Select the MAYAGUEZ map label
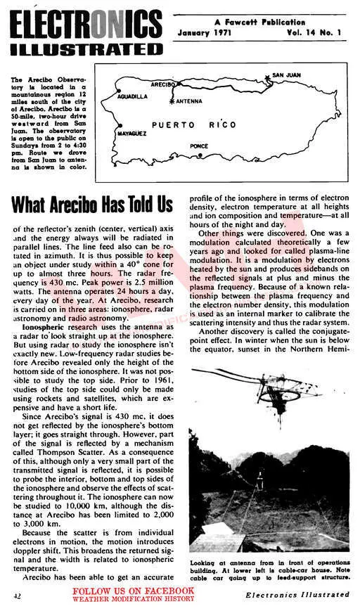point(131,132)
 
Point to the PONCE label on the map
point(199,146)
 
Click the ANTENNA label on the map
point(188,101)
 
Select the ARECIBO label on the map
point(163,84)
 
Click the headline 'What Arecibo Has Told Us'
point(91,205)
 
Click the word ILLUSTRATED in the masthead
point(86,50)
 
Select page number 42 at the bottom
point(15,596)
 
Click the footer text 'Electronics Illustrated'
point(297,595)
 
